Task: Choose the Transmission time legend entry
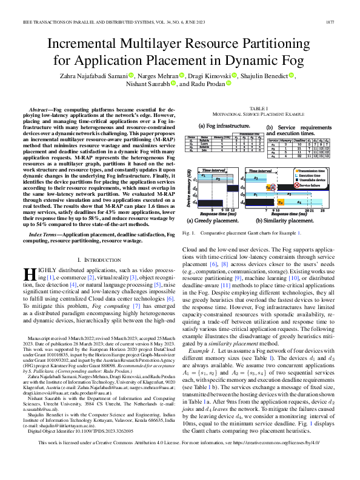click(x=316, y=173)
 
